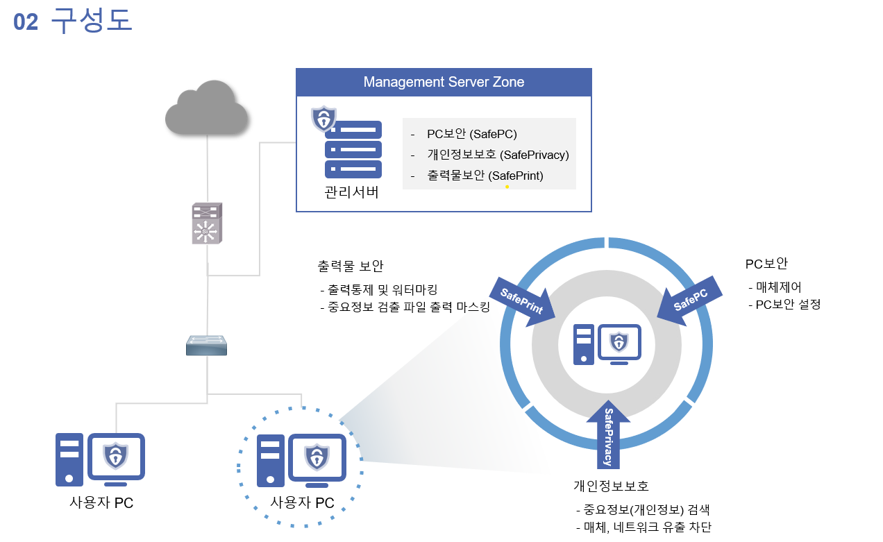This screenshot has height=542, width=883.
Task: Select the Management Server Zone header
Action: pos(444,82)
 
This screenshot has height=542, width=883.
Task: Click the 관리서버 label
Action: pos(351,192)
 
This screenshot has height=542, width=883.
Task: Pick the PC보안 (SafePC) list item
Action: pos(471,134)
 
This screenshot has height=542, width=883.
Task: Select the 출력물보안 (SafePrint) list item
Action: pos(485,176)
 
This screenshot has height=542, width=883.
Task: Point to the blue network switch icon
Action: pos(206,345)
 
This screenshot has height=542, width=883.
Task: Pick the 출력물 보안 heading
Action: pos(351,266)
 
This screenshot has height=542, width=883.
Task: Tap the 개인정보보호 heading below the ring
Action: pos(611,485)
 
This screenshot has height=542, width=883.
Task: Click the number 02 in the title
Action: pos(26,22)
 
